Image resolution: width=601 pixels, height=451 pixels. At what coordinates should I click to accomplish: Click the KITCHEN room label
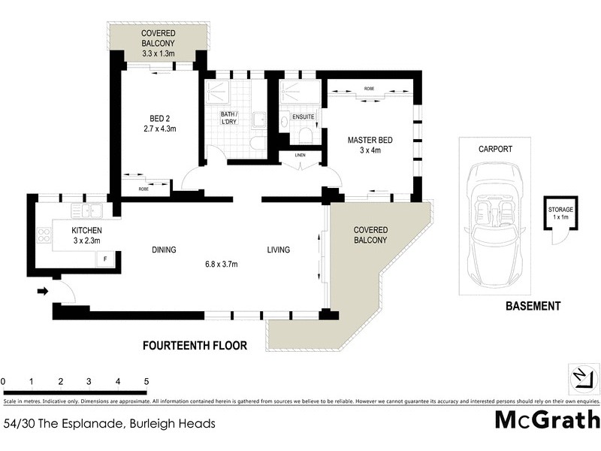(x=86, y=230)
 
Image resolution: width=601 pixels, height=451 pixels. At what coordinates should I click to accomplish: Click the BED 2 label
(x=157, y=118)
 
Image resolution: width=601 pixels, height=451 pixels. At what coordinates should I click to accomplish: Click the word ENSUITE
(x=304, y=117)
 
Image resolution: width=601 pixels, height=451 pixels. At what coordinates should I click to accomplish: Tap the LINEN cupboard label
(x=298, y=156)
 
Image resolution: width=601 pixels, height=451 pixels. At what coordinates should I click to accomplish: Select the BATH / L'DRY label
(x=228, y=119)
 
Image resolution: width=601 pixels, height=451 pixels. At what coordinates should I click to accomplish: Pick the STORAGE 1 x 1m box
(x=560, y=213)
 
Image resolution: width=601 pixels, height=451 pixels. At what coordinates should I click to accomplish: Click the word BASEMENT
(x=533, y=306)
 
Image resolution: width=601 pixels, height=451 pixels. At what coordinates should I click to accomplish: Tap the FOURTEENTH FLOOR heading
(x=195, y=346)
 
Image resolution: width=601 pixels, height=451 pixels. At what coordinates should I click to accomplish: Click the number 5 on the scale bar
(x=146, y=382)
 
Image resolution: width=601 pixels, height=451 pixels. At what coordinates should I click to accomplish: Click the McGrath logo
(x=547, y=419)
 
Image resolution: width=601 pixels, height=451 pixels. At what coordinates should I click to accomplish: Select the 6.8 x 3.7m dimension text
(x=226, y=264)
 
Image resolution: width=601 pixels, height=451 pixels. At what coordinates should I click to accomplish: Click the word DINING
(x=164, y=250)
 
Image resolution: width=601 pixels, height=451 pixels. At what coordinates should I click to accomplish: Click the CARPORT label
(x=495, y=150)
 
